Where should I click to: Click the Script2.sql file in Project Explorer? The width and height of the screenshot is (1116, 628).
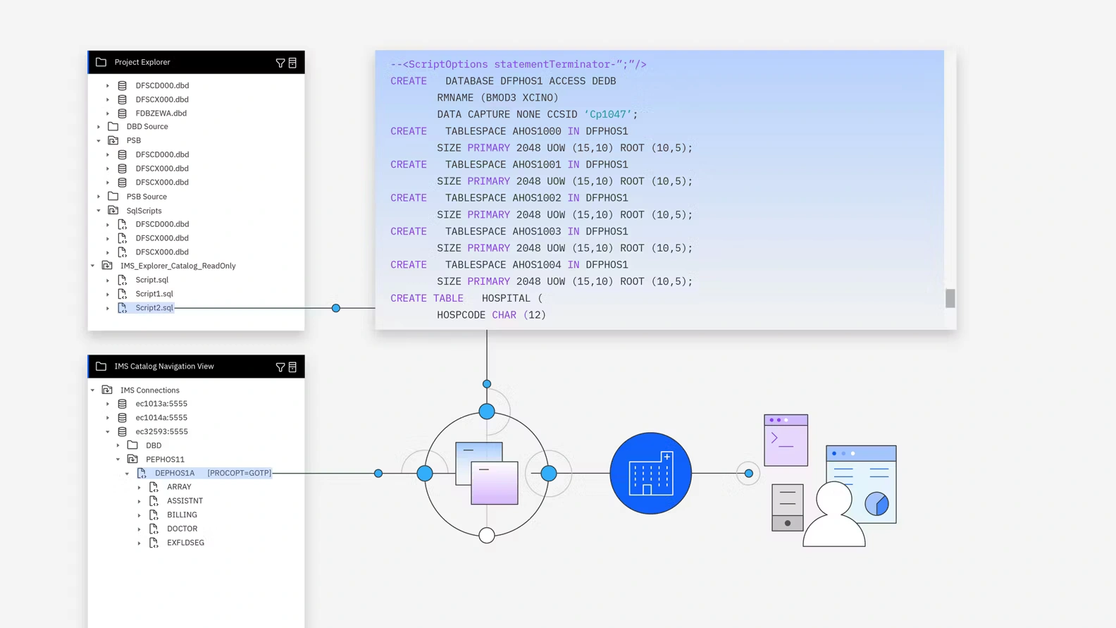point(154,308)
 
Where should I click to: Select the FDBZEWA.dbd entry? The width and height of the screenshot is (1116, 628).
point(161,113)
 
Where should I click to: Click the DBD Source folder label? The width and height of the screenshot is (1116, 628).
point(147,127)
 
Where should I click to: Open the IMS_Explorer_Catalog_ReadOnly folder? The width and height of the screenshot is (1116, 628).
point(178,266)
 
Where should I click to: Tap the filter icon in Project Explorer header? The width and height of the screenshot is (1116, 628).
point(280,63)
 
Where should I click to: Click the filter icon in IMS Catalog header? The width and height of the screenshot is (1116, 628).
point(280,367)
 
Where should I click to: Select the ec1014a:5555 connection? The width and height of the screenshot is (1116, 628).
point(161,418)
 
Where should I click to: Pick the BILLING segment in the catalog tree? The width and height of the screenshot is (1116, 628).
point(182,515)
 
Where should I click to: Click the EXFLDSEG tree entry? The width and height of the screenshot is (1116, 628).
point(185,543)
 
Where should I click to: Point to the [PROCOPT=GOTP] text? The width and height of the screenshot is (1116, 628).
point(239,473)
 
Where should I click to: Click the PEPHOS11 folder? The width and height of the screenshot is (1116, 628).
point(165,460)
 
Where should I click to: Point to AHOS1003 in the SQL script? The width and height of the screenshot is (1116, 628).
point(537,231)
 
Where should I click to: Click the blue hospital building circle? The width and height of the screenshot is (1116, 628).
point(650,473)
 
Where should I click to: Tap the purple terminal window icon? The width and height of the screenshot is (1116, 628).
point(786,441)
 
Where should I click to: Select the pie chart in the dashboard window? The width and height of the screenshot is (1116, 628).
point(876,503)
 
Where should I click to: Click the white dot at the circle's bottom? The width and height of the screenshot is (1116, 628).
point(487,535)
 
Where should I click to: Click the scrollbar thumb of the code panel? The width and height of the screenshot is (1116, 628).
point(950,298)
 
